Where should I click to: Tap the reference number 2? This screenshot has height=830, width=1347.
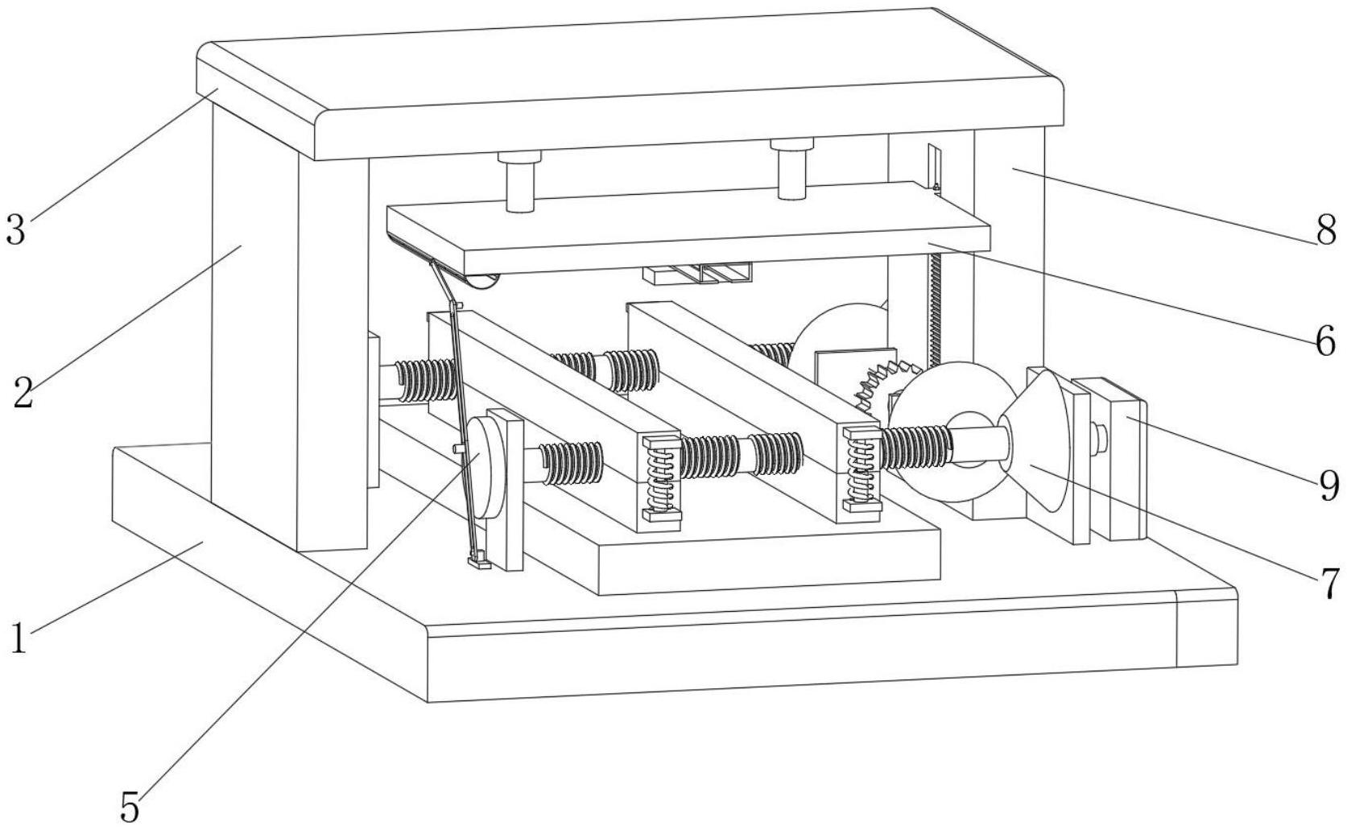pos(23,392)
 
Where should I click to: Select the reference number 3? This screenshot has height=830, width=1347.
pos(15,229)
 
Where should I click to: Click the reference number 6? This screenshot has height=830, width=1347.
pos(1325,342)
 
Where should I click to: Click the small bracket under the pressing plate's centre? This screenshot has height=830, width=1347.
pos(698,274)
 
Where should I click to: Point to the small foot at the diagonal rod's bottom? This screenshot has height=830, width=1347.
pos(479,561)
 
